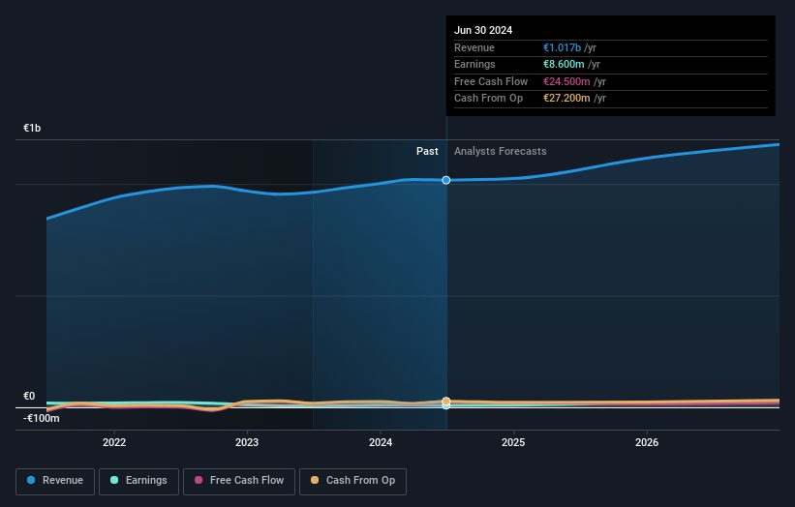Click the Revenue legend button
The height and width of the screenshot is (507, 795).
pos(56,481)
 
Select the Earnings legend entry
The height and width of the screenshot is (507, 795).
pos(139,481)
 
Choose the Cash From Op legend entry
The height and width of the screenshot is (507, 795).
pos(353,481)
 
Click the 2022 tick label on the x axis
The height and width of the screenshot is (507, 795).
pos(114,442)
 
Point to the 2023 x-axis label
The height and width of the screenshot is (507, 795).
pos(247,442)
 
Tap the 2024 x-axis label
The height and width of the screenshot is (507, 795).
pos(381,442)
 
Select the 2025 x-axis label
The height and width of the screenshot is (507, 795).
pos(513,442)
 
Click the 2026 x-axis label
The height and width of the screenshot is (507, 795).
pos(647,442)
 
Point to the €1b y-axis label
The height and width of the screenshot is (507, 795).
pos(33,128)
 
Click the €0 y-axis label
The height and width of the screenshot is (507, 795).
pos(29,396)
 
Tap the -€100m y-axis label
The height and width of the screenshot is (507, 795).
pos(42,418)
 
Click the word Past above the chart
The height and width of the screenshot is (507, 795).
pos(427,151)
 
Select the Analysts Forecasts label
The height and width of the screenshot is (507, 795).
pos(500,151)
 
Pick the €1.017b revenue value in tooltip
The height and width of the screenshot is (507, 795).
pos(563,48)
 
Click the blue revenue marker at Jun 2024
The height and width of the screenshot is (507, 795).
pos(446,180)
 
